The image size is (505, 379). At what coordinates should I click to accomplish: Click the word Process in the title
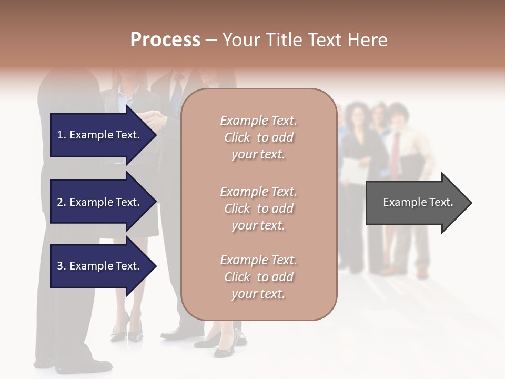point(165,39)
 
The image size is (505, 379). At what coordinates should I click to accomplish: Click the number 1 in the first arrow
point(60,135)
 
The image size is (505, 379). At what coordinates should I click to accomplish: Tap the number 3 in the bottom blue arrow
point(60,266)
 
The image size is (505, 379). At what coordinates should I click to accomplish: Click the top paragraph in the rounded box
point(258,137)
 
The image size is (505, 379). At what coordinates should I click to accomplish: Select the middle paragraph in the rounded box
point(258,208)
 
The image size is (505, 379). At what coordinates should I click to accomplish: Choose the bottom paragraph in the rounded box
point(258,277)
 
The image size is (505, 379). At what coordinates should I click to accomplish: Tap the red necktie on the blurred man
point(395,153)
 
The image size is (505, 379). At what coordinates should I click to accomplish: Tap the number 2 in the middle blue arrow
point(60,202)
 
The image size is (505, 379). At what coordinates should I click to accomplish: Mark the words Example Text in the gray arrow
point(418,202)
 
